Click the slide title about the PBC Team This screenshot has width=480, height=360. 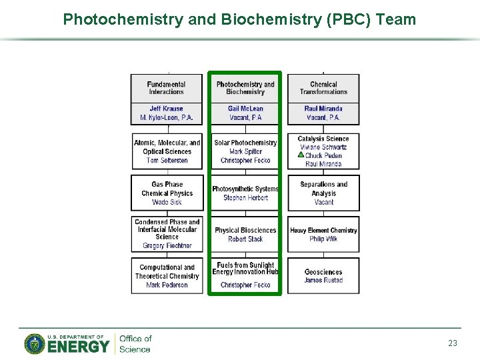[x=239, y=19]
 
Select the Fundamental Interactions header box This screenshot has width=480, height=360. [x=167, y=88]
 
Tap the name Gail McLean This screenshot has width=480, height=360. [x=245, y=109]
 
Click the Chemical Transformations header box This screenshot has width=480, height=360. [x=323, y=88]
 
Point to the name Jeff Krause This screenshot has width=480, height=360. [x=167, y=109]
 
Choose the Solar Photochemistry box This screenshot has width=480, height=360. [x=245, y=151]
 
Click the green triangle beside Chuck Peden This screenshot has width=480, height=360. [x=301, y=155]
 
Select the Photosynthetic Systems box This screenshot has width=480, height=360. [x=245, y=193]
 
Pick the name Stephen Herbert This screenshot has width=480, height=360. [x=245, y=198]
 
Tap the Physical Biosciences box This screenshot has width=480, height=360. [x=245, y=234]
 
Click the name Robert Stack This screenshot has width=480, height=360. [x=245, y=239]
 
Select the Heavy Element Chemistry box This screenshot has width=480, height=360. [x=323, y=234]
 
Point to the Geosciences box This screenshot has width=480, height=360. [x=323, y=276]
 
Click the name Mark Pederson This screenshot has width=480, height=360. [x=167, y=285]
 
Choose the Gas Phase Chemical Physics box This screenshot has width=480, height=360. [x=167, y=193]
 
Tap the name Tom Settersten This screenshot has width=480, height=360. [x=167, y=161]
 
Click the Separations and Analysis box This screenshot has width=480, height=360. [x=323, y=193]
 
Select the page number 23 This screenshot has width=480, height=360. [x=453, y=343]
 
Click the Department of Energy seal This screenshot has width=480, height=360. [x=35, y=343]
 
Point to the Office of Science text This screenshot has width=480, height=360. [x=135, y=343]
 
